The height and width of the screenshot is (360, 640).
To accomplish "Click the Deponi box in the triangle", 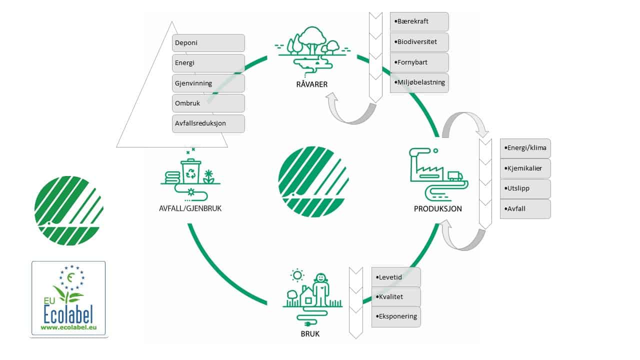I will pyautogui.click(x=208, y=43).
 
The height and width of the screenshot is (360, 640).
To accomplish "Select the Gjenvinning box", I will pyautogui.click(x=208, y=83).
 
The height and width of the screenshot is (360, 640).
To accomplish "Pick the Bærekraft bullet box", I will pyautogui.click(x=419, y=22).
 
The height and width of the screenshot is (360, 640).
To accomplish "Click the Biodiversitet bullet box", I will pyautogui.click(x=419, y=42).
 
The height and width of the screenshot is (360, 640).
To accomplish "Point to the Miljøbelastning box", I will pyautogui.click(x=419, y=83).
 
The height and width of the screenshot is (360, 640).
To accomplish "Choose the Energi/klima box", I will pyautogui.click(x=525, y=148).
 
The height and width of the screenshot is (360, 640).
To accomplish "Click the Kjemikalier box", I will pyautogui.click(x=525, y=168).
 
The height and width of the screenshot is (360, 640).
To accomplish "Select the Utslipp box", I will pyautogui.click(x=525, y=189).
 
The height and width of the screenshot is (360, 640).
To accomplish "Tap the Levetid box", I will pyautogui.click(x=396, y=277).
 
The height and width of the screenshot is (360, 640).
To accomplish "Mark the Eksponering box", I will pyautogui.click(x=396, y=317).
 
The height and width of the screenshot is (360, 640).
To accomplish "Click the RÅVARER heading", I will pyautogui.click(x=311, y=84).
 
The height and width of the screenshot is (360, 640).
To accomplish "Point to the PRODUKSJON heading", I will pyautogui.click(x=437, y=209).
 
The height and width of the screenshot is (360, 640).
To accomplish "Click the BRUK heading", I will pyautogui.click(x=310, y=333).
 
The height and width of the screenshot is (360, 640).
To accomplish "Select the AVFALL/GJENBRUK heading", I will pyautogui.click(x=186, y=208).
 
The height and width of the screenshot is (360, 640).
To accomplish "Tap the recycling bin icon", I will pyautogui.click(x=191, y=170).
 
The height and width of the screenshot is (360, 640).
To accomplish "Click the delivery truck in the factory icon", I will pyautogui.click(x=455, y=175).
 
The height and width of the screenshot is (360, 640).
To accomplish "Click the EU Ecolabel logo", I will pyautogui.click(x=68, y=298).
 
